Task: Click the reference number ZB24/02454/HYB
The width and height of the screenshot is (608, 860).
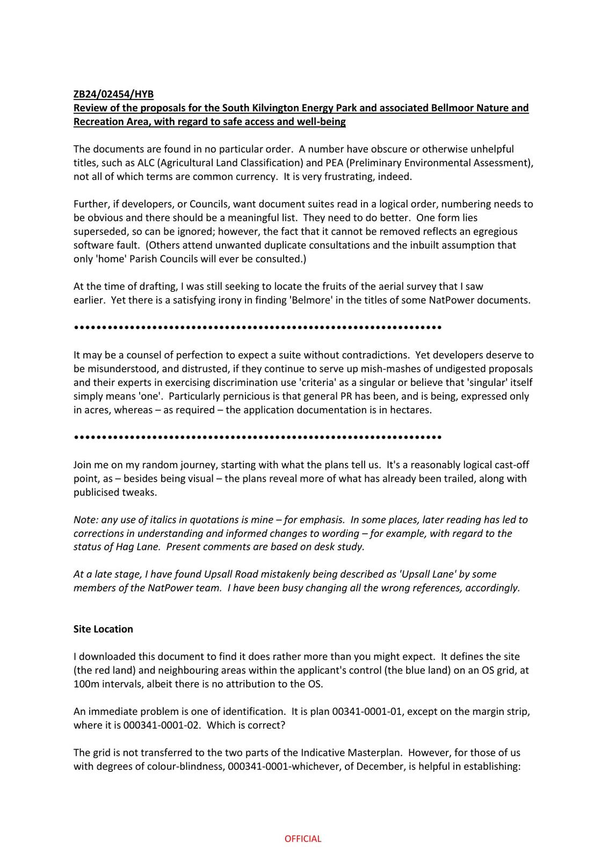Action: (113, 94)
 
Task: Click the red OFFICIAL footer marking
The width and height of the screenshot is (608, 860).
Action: (303, 838)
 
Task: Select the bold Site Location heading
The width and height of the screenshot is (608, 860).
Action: (103, 629)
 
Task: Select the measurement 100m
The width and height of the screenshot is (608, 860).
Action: (85, 684)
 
